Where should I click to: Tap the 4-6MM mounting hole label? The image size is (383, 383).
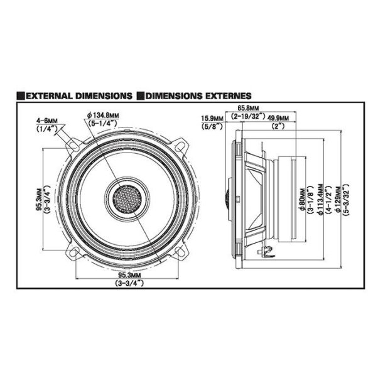47,119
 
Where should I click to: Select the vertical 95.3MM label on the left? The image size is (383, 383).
39,198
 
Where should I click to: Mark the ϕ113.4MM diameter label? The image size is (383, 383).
321,198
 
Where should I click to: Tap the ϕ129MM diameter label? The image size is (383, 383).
340,198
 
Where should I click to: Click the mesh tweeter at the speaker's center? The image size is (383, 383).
128,198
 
